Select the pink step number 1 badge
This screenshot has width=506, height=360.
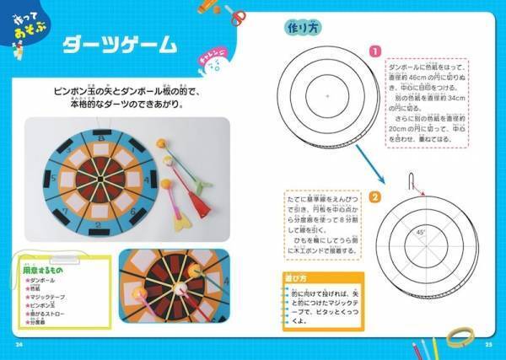pos(372,51)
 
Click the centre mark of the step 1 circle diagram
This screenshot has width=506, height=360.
pos(326,96)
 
